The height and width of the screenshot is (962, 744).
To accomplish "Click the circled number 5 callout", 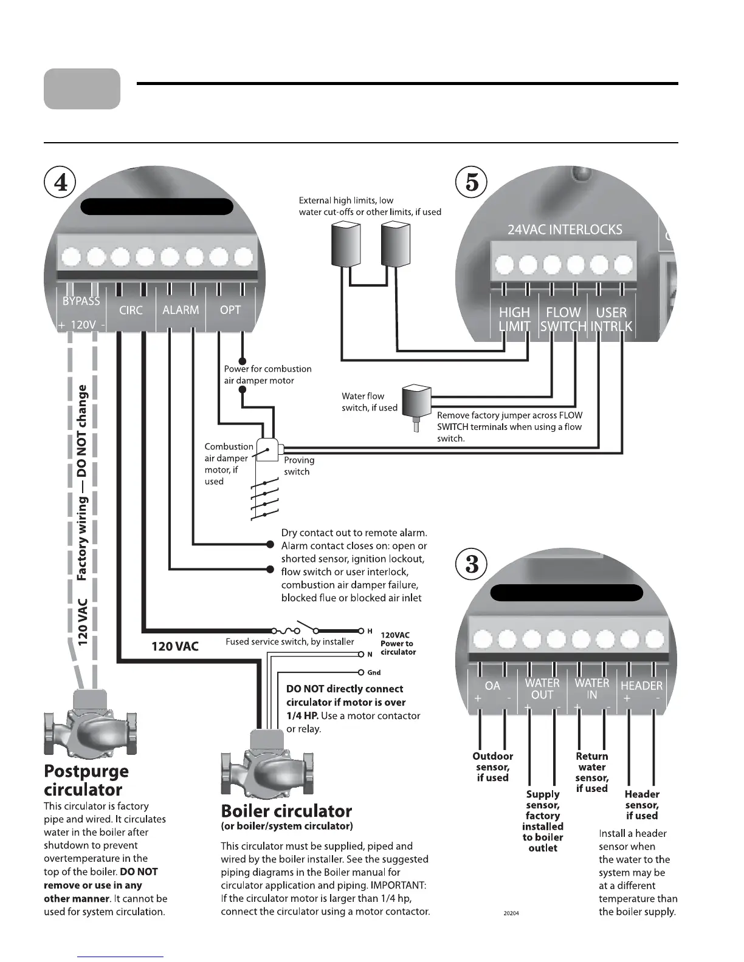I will click(471, 183).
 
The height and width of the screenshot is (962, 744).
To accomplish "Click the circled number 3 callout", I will click(471, 565).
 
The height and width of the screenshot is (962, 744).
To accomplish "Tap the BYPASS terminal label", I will click(81, 301).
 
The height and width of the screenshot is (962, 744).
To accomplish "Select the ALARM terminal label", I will click(181, 310).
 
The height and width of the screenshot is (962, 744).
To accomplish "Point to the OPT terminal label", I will click(230, 310).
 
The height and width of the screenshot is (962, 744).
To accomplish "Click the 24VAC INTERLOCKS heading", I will click(565, 230).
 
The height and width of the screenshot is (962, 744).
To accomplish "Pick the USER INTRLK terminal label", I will click(611, 319).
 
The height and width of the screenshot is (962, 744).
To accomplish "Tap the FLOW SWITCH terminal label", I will click(563, 319).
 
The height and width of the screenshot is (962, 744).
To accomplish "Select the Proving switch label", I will click(299, 466).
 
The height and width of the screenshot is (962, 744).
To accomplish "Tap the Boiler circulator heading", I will click(286, 811).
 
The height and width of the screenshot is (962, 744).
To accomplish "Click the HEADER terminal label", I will click(641, 686).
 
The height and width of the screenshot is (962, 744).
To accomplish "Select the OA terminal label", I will click(492, 686).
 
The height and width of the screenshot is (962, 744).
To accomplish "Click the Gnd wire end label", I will click(374, 673).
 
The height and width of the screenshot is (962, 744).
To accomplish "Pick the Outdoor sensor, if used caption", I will click(492, 767).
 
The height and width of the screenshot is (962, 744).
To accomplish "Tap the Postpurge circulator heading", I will click(86, 780).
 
